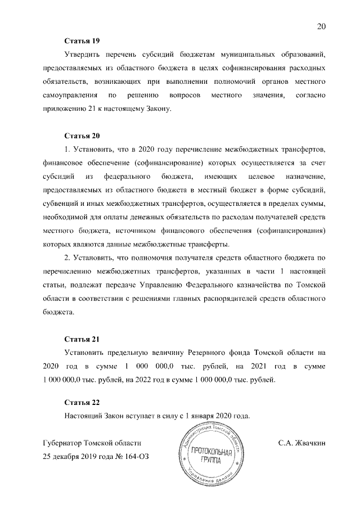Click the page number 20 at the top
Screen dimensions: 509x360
point(321,26)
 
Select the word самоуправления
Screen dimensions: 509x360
point(69,96)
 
